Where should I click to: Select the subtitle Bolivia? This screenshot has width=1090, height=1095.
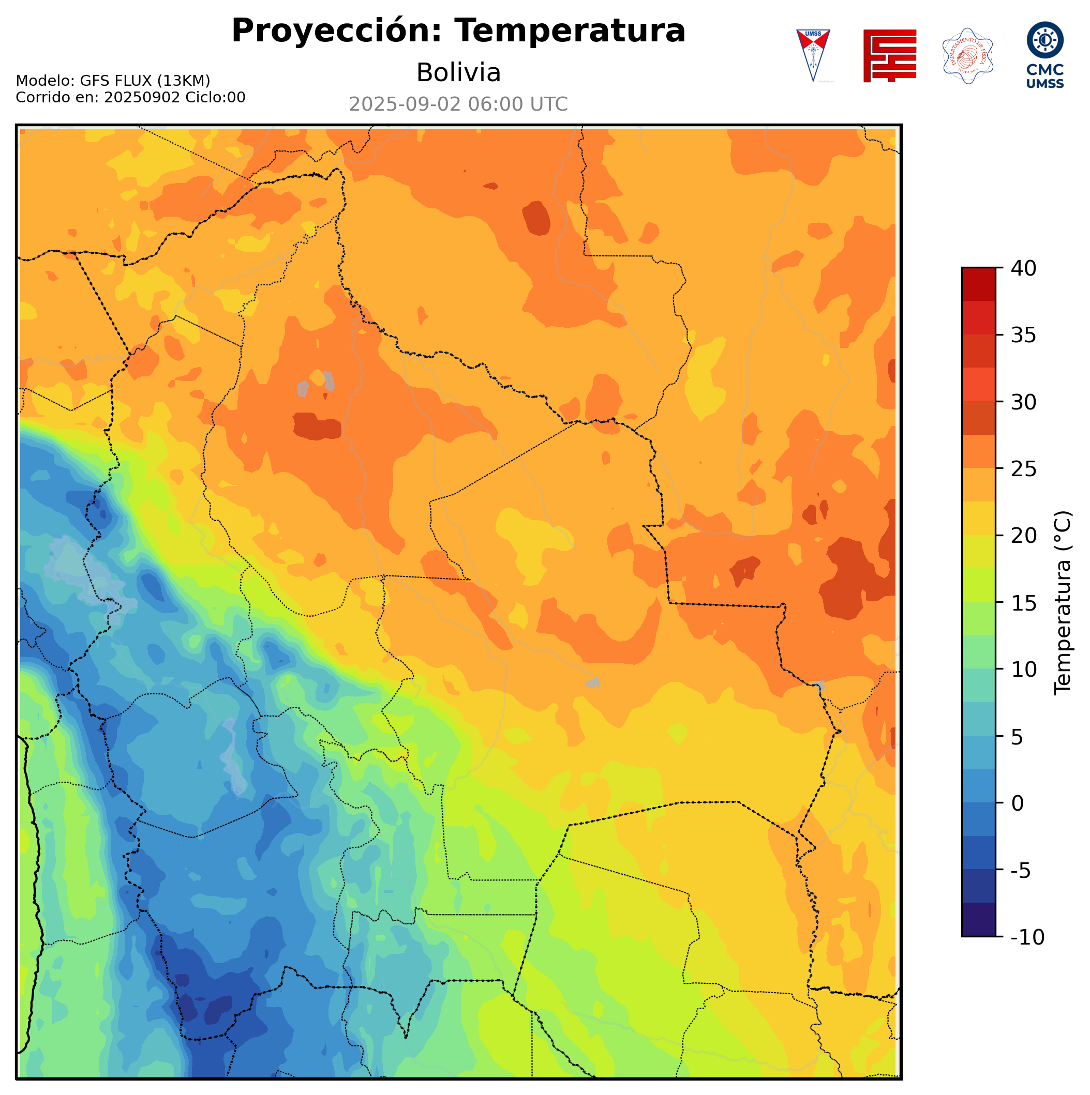tap(458, 72)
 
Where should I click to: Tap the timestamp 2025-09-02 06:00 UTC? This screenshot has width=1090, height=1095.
tap(458, 104)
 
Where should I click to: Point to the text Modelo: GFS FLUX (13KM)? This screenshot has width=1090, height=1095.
tap(113, 81)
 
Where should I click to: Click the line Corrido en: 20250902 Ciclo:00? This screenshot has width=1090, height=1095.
tap(130, 98)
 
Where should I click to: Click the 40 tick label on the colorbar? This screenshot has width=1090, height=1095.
tap(1023, 269)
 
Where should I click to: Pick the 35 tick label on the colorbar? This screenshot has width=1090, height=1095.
tap(1023, 336)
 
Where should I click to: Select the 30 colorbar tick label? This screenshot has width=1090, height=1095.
tap(1023, 402)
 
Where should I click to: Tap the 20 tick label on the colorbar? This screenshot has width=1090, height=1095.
tap(1023, 536)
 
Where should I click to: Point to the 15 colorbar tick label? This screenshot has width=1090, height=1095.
tap(1023, 603)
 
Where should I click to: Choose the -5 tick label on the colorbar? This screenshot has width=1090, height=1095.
tap(1020, 871)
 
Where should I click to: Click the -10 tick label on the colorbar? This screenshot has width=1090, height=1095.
tap(1027, 937)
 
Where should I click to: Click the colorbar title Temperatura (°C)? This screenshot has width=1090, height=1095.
tap(1063, 602)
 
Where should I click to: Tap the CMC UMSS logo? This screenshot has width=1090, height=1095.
tap(1044, 55)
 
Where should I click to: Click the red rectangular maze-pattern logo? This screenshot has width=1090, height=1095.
tap(889, 55)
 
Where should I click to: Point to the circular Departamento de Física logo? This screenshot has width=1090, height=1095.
tap(967, 55)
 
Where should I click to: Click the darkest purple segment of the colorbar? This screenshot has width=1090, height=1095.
tap(978, 920)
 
